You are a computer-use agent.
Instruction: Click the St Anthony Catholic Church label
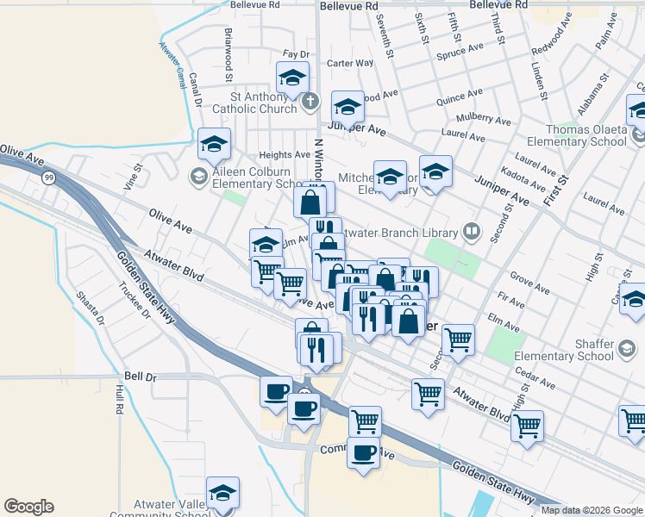[254, 103]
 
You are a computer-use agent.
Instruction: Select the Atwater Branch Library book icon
[472, 230]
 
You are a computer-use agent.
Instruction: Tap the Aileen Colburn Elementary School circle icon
[197, 178]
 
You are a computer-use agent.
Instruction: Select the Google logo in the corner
[28, 507]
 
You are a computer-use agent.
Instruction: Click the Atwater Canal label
[172, 64]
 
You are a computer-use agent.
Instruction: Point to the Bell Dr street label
[139, 377]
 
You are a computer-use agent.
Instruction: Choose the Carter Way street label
[350, 63]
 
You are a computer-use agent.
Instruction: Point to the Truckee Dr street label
[135, 302]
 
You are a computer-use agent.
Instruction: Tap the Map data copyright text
[590, 510]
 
